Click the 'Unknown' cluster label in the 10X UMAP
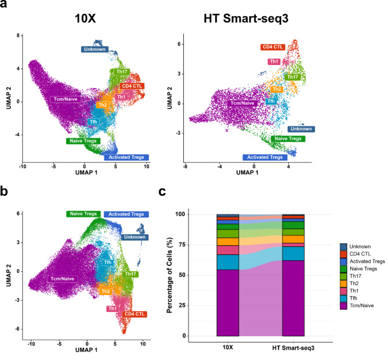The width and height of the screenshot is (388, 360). tap(95, 49)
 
